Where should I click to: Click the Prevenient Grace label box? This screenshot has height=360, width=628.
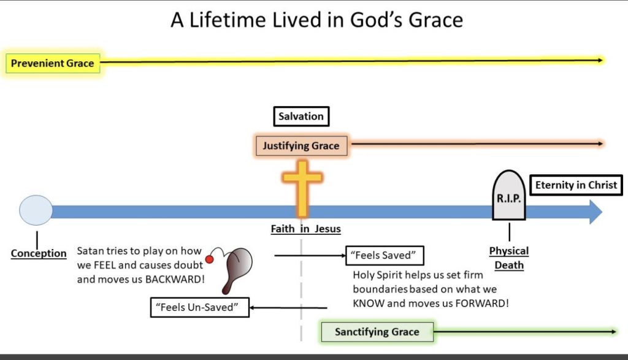[x=53, y=63]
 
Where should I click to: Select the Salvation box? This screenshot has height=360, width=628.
[x=301, y=117]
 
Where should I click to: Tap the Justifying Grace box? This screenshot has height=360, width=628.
[x=301, y=146]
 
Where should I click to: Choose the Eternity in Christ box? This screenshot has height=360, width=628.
[x=576, y=185]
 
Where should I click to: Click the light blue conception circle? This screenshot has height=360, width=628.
[x=36, y=210]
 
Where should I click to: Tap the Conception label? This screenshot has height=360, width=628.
[x=39, y=253]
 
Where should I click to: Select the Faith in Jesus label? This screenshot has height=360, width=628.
[x=305, y=229]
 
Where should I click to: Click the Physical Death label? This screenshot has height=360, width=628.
[x=509, y=258]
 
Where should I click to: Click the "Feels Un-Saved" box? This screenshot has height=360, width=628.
[x=199, y=307]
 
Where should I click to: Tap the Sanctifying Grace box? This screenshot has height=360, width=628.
[x=377, y=332]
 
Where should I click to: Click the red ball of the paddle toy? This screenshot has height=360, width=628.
[x=209, y=259]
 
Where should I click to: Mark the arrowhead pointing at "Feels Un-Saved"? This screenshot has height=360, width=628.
[x=252, y=307]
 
